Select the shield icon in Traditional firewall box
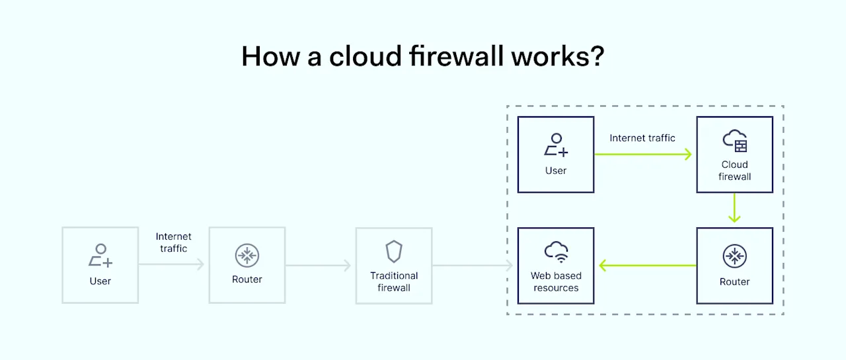point(394,252)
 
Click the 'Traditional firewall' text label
point(394,281)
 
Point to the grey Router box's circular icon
point(247,256)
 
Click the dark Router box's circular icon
point(734,256)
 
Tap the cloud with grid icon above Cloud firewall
point(735,141)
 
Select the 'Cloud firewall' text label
point(735,170)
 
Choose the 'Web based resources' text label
point(556,281)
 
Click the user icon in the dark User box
point(556,145)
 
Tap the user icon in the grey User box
point(100,255)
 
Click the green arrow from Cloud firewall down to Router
point(735,209)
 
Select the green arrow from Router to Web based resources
point(648,266)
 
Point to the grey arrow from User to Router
point(172,266)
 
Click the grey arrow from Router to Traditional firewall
point(319,266)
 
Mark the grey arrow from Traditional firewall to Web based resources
point(473,266)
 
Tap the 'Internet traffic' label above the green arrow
point(642,138)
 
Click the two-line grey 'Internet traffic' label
point(173,242)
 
